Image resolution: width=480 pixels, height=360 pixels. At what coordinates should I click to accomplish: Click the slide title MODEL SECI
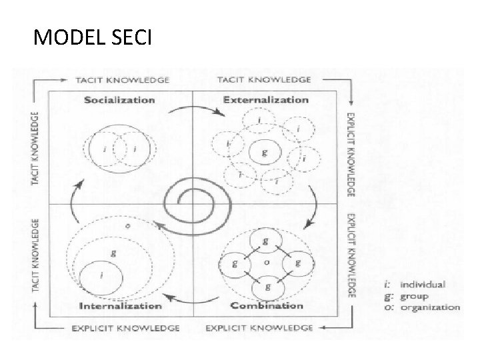pos(93,39)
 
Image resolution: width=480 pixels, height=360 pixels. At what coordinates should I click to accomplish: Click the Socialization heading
pos(120,100)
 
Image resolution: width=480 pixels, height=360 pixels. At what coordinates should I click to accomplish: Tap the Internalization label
pos(120,306)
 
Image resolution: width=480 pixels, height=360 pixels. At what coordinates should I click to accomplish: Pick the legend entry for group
pos(424,296)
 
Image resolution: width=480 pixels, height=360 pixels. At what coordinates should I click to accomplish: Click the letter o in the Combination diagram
pos(267,264)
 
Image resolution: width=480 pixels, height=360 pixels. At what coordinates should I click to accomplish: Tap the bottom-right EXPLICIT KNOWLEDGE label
pos(259,328)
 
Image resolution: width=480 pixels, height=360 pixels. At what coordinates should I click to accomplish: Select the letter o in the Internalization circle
pos(127,226)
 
